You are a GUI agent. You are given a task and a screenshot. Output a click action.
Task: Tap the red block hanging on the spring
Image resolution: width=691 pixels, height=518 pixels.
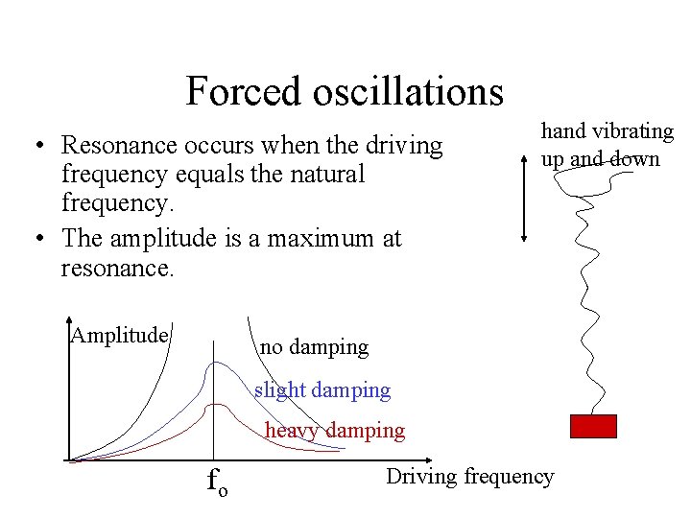coord(593,426)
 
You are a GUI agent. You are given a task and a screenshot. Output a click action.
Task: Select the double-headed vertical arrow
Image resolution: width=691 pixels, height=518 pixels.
coord(524,193)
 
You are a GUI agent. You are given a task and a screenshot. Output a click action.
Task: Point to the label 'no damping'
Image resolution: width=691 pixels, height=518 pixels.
coord(314,347)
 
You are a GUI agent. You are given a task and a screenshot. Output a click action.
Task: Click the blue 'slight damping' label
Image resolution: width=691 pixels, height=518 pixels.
coord(322,390)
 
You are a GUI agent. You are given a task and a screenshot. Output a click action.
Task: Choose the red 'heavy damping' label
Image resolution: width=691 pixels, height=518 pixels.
coord(335,431)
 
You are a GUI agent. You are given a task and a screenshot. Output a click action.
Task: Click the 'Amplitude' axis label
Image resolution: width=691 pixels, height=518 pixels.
coord(120,335)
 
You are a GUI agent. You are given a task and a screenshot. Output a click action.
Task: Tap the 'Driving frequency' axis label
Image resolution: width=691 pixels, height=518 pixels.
coord(469,477)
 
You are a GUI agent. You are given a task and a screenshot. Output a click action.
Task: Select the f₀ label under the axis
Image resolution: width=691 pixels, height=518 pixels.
coord(217,481)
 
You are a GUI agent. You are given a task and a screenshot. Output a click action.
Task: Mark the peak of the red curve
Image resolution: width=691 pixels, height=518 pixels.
coord(219,405)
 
